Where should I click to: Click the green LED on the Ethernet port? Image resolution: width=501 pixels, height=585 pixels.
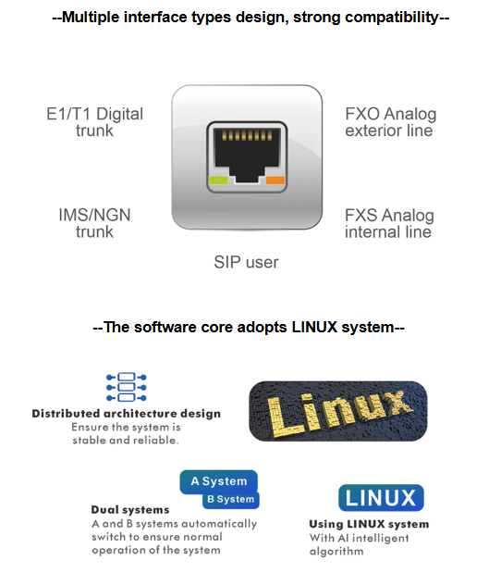tap(218, 180)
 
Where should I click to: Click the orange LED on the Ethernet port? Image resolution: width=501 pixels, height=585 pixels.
tap(275, 180)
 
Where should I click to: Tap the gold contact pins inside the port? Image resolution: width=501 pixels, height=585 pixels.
tap(247, 135)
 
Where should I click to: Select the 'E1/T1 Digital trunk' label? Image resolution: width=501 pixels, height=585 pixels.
tap(94, 122)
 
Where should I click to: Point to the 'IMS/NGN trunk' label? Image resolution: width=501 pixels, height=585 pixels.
tap(94, 223)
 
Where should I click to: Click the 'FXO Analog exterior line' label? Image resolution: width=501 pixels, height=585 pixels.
tap(390, 122)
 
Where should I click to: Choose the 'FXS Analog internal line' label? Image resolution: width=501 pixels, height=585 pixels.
tap(389, 223)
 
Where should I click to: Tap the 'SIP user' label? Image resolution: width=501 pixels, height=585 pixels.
tap(246, 262)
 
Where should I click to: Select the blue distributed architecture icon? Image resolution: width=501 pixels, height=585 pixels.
tap(127, 387)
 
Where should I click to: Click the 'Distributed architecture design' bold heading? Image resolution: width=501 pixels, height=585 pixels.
tap(127, 414)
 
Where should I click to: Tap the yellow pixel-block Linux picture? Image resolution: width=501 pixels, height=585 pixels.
tap(337, 411)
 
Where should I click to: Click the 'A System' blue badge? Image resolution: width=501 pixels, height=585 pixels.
tap(219, 481)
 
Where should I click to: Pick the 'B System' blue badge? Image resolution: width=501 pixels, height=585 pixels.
tap(231, 499)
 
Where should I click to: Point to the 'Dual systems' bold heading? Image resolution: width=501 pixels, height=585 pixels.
tap(130, 510)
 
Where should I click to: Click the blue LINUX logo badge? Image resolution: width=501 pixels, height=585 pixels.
tap(381, 498)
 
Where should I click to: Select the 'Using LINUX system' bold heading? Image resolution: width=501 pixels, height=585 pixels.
tap(369, 524)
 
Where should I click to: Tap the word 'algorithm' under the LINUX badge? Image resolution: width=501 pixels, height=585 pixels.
tap(336, 551)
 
